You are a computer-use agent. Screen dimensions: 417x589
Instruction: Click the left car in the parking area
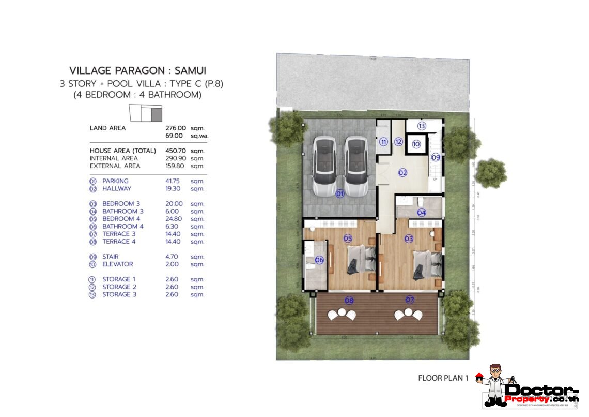[x=324, y=166]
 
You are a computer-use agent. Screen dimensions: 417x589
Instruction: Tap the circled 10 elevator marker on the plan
[x=416, y=145]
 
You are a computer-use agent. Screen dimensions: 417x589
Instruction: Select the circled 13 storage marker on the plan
[x=421, y=126]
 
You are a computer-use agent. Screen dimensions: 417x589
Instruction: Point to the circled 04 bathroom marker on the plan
[x=422, y=212]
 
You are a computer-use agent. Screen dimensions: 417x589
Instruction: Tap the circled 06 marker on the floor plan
[x=319, y=260]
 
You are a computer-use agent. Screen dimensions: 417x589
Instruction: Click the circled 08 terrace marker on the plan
[x=349, y=300]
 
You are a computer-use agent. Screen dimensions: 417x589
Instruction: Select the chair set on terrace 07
[x=408, y=314]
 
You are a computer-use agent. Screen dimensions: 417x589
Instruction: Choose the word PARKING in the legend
[x=115, y=181]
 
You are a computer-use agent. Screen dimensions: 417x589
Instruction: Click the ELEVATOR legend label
[x=118, y=264]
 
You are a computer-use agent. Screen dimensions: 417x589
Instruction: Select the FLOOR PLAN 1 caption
[x=443, y=378]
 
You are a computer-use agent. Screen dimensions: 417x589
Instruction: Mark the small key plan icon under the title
[x=145, y=113]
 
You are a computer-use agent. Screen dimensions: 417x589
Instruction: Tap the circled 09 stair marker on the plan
[x=436, y=157]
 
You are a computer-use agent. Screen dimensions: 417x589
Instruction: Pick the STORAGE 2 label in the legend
[x=119, y=287]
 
